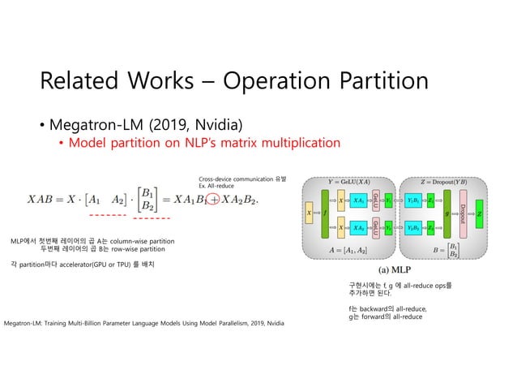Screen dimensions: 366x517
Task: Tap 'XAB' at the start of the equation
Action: click(x=45, y=200)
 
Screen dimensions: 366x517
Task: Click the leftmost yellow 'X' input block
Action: click(x=308, y=213)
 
